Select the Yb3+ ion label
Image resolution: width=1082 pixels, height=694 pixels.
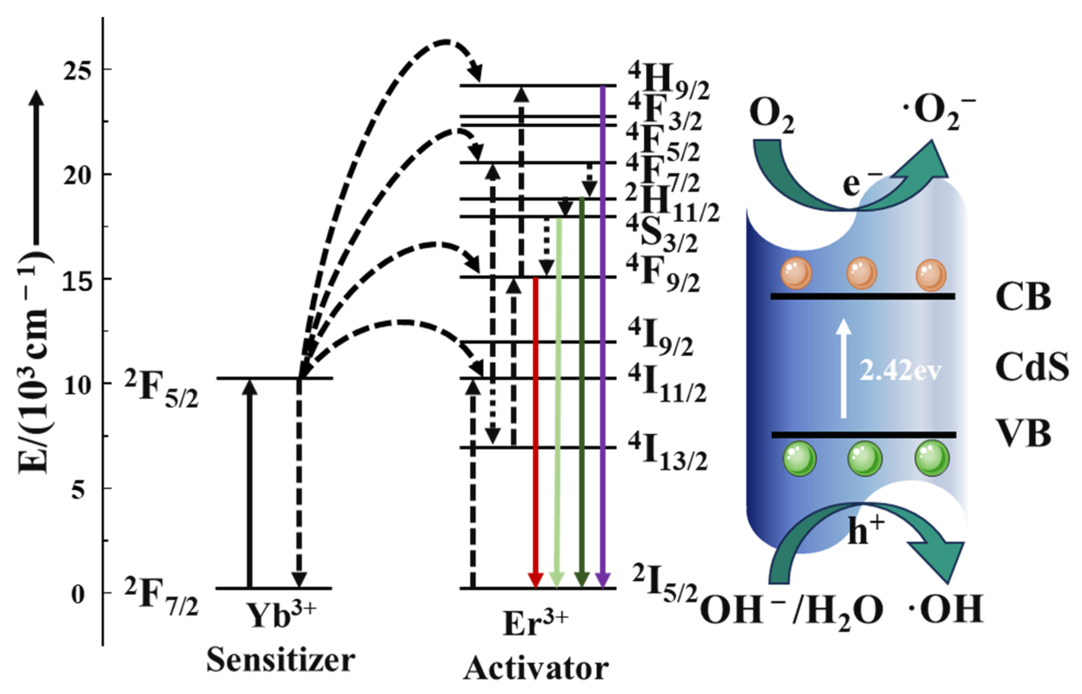coord(281,614)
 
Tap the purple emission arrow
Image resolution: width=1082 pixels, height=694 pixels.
coord(603,338)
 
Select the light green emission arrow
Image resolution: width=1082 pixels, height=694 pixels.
coord(558,405)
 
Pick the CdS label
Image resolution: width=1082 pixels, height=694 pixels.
coord(1032,366)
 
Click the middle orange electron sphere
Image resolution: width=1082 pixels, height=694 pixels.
coord(861,273)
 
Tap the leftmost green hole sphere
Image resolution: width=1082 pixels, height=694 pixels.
coord(800,459)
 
